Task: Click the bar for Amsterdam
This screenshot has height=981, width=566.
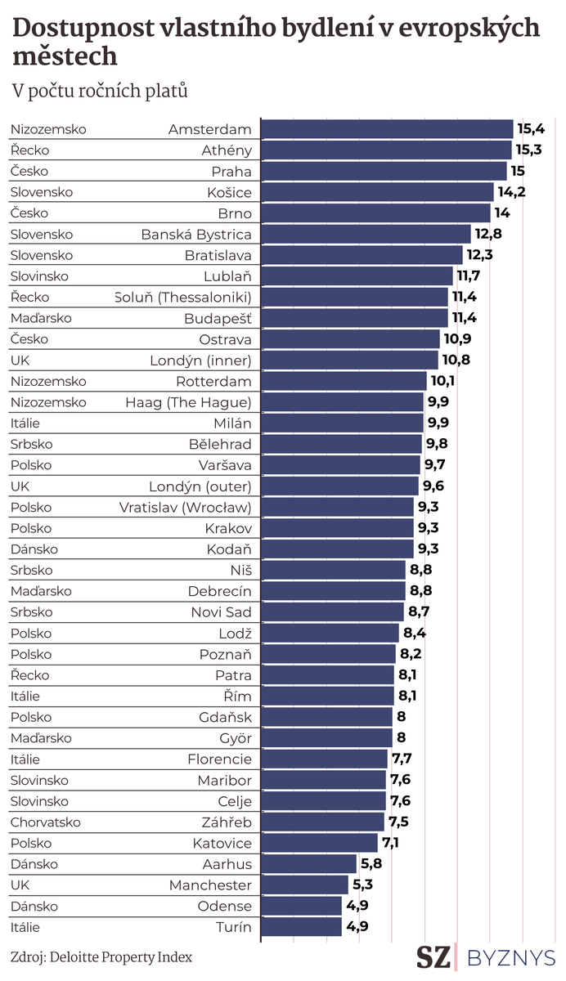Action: [387, 129]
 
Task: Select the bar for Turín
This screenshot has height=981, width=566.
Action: [301, 927]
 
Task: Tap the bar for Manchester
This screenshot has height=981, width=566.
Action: [304, 885]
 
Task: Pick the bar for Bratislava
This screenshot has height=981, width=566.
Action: [362, 255]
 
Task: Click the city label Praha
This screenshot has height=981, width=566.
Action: [232, 172]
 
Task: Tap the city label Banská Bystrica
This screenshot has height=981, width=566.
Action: [196, 235]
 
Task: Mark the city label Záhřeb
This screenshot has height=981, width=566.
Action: [225, 822]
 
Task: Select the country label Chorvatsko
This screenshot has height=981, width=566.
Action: [47, 822]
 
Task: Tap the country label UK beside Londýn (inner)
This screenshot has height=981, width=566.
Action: [20, 361]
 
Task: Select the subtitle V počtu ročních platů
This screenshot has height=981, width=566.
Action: [100, 90]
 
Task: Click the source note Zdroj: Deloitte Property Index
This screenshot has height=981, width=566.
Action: [102, 956]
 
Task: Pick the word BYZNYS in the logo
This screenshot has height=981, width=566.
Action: [511, 957]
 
